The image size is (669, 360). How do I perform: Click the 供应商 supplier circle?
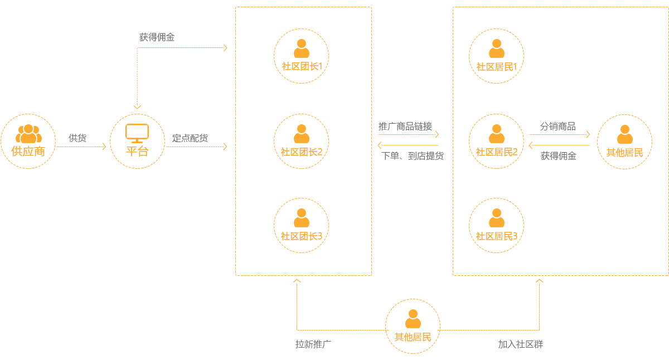(x=28, y=142)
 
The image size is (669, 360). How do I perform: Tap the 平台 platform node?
(x=137, y=142)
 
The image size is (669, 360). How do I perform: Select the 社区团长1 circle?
(x=301, y=56)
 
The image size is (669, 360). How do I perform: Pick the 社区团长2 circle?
(x=301, y=142)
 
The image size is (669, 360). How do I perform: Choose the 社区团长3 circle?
(x=301, y=226)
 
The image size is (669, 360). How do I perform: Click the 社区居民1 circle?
(x=497, y=56)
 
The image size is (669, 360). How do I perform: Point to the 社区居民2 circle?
(x=497, y=142)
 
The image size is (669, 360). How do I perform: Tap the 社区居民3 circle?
(x=497, y=226)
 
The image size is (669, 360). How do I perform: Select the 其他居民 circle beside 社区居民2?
(x=624, y=142)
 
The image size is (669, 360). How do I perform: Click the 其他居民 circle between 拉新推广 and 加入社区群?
(x=413, y=326)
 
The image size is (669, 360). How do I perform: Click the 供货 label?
(x=77, y=138)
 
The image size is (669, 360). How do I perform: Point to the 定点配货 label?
(x=190, y=138)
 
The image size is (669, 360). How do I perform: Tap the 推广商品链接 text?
(x=405, y=127)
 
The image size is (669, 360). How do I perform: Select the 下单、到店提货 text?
(x=413, y=157)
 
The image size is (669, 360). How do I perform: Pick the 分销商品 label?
(x=557, y=127)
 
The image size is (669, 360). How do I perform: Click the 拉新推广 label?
(x=314, y=344)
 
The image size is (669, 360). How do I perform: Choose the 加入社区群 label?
(x=520, y=344)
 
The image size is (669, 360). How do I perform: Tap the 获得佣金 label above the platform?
(x=157, y=38)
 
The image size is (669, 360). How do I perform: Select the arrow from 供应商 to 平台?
(x=81, y=147)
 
